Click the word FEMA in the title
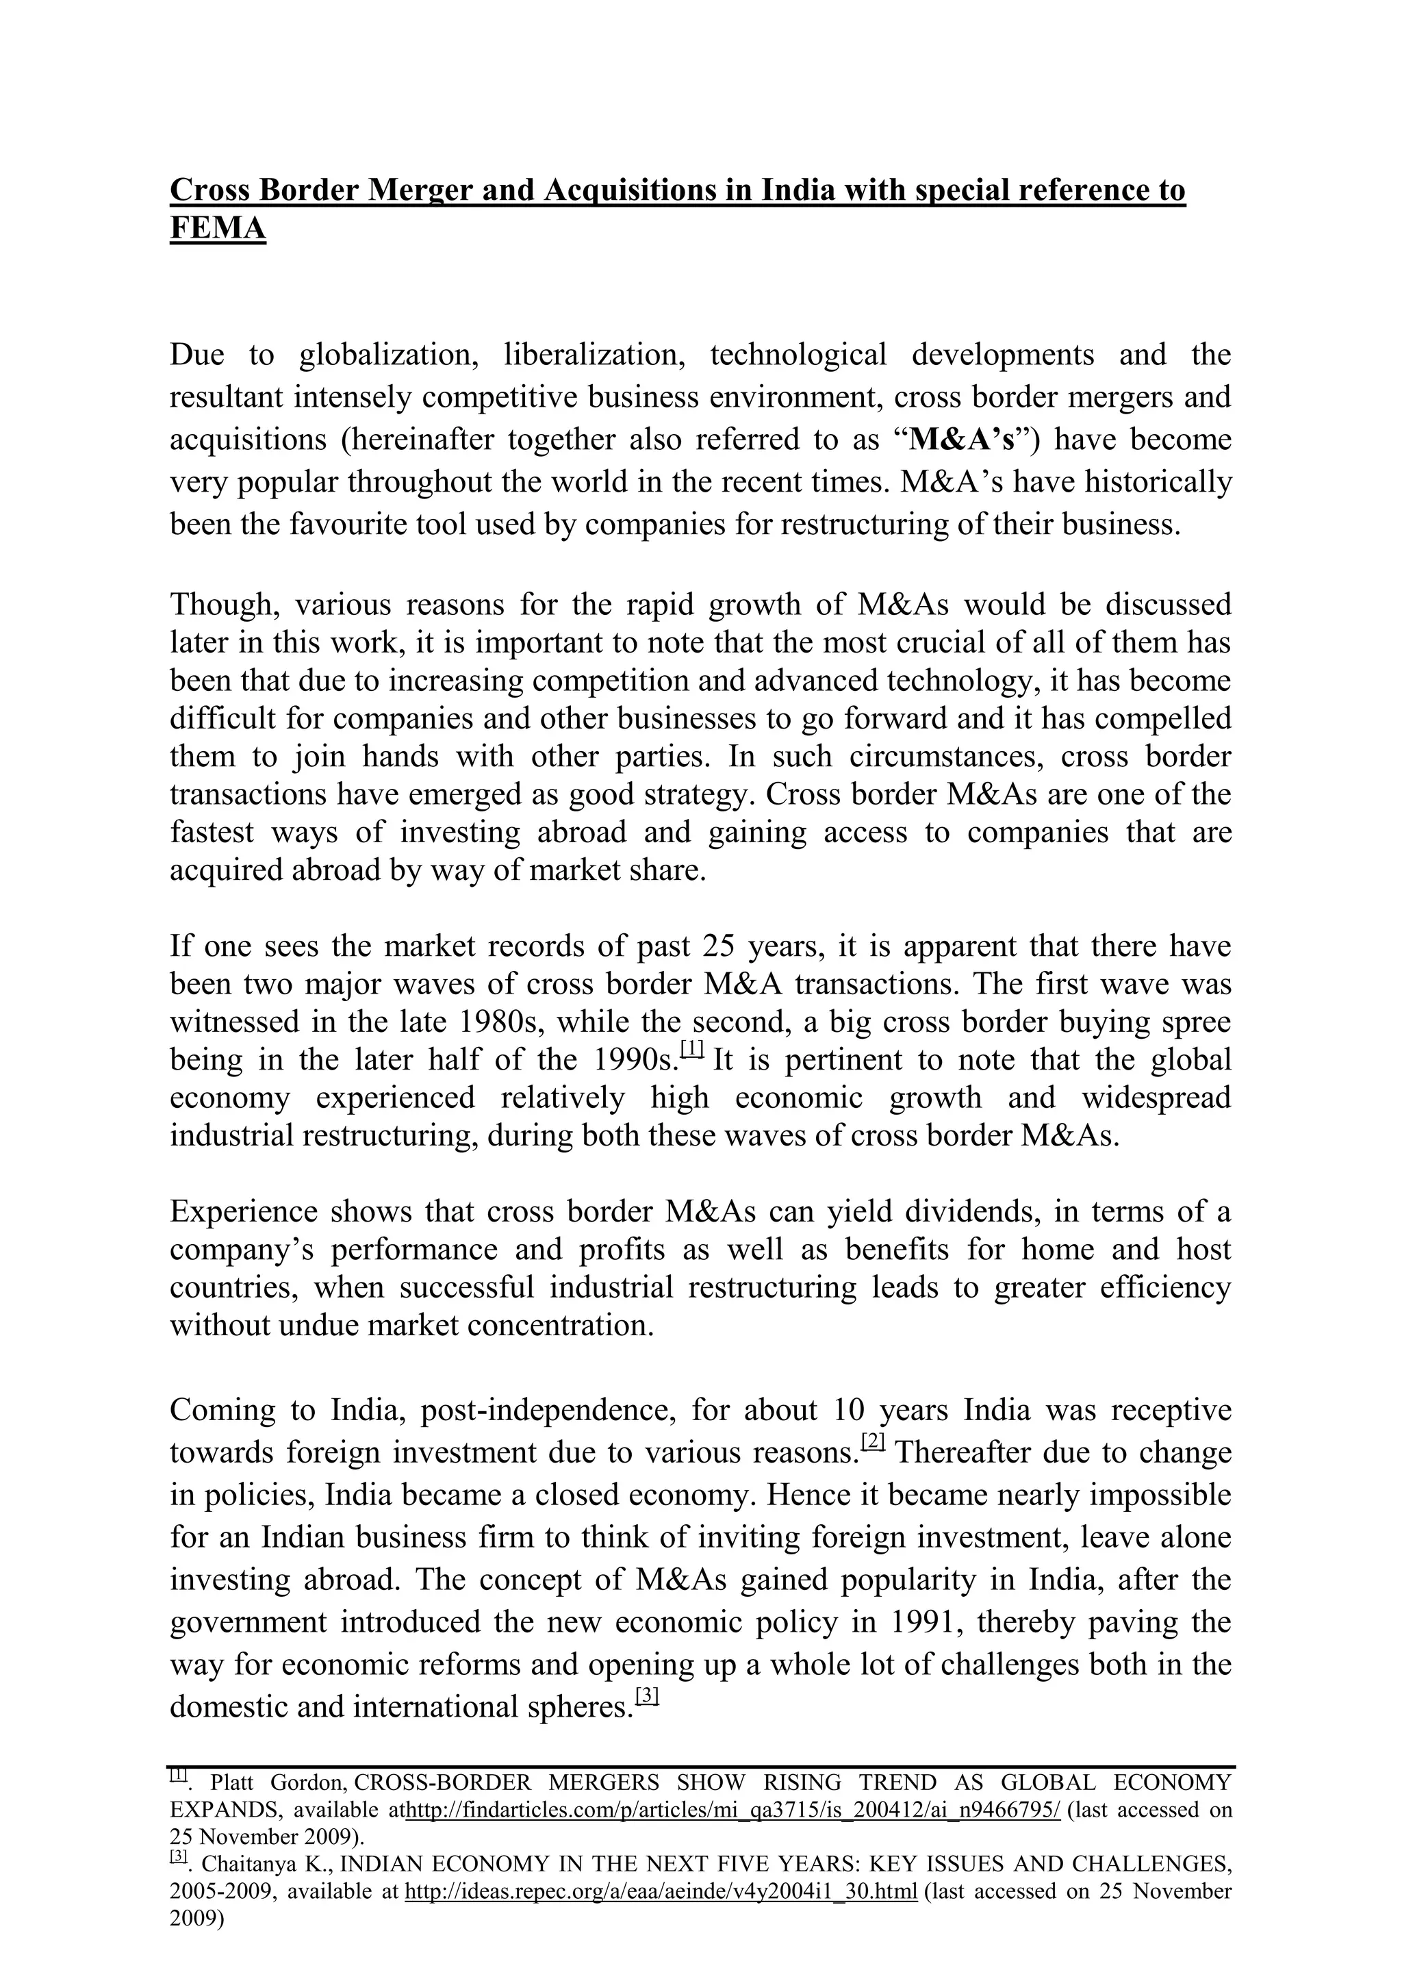[x=218, y=228]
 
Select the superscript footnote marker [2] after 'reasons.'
[x=873, y=1441]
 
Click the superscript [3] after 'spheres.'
[x=647, y=1695]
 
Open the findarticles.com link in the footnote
[x=732, y=1809]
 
